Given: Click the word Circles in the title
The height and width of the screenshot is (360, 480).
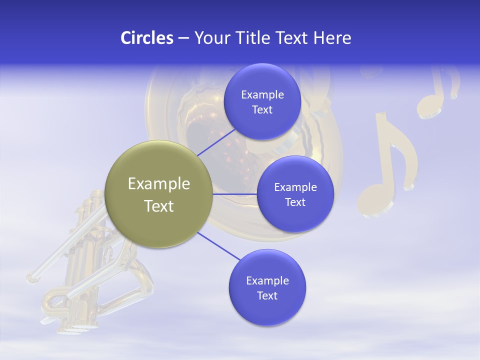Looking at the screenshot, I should [146, 38].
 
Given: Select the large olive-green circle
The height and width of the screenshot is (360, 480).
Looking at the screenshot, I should [158, 194].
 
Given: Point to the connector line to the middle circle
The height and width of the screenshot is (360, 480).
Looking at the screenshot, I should [234, 194].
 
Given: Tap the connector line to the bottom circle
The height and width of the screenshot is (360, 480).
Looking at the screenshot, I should [218, 246].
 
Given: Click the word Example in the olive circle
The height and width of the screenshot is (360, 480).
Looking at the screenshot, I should [158, 183].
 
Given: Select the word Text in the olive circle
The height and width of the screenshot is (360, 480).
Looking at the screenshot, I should [158, 205].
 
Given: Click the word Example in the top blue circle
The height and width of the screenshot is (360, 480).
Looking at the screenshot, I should [262, 94].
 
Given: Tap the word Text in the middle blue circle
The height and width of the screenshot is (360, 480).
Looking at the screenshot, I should [295, 202].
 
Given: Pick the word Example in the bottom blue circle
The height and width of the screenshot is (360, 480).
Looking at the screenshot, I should [267, 280].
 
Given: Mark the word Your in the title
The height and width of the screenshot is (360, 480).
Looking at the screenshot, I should [211, 38].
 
